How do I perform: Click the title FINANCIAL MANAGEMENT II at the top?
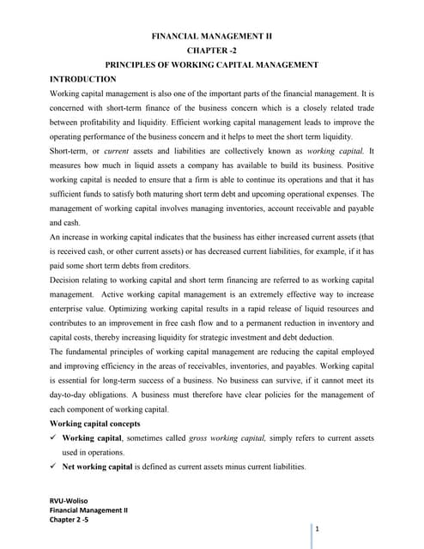(211, 38)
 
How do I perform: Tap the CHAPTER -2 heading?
(211, 51)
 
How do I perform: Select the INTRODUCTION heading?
(87, 78)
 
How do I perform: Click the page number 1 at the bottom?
(317, 529)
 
